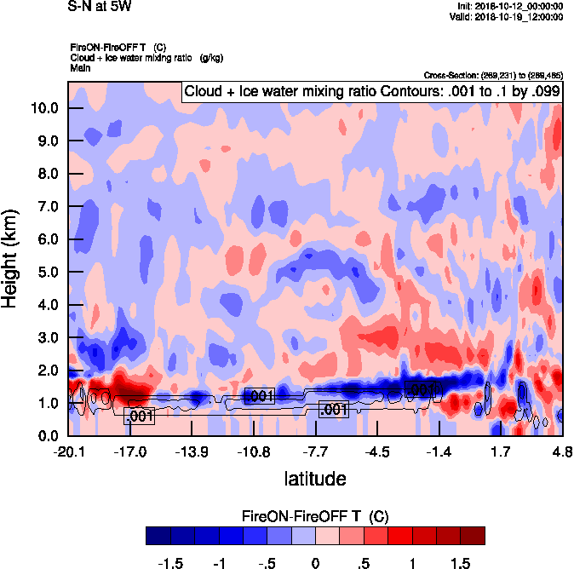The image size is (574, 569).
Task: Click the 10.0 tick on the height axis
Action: coord(44,108)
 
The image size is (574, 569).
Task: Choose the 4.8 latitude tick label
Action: coord(561,451)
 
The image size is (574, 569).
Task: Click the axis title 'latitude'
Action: coord(315,479)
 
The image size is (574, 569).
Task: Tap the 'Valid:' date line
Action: coord(509,15)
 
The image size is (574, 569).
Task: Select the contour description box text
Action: coord(372,91)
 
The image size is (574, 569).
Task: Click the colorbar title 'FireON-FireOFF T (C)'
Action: coord(315,516)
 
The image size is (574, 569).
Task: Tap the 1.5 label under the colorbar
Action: coord(461,562)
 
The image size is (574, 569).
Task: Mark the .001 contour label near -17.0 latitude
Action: coord(139,417)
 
